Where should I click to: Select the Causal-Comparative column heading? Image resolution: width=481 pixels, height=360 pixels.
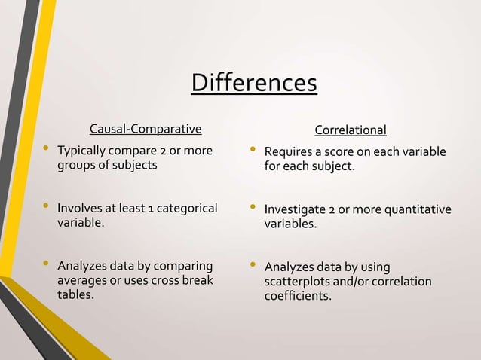(x=146, y=130)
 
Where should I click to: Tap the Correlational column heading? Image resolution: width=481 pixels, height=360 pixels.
(x=350, y=130)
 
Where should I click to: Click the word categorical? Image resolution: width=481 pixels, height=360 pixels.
(x=185, y=209)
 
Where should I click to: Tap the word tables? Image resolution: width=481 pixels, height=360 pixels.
(x=76, y=295)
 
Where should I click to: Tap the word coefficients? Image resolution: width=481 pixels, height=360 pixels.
(x=297, y=296)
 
